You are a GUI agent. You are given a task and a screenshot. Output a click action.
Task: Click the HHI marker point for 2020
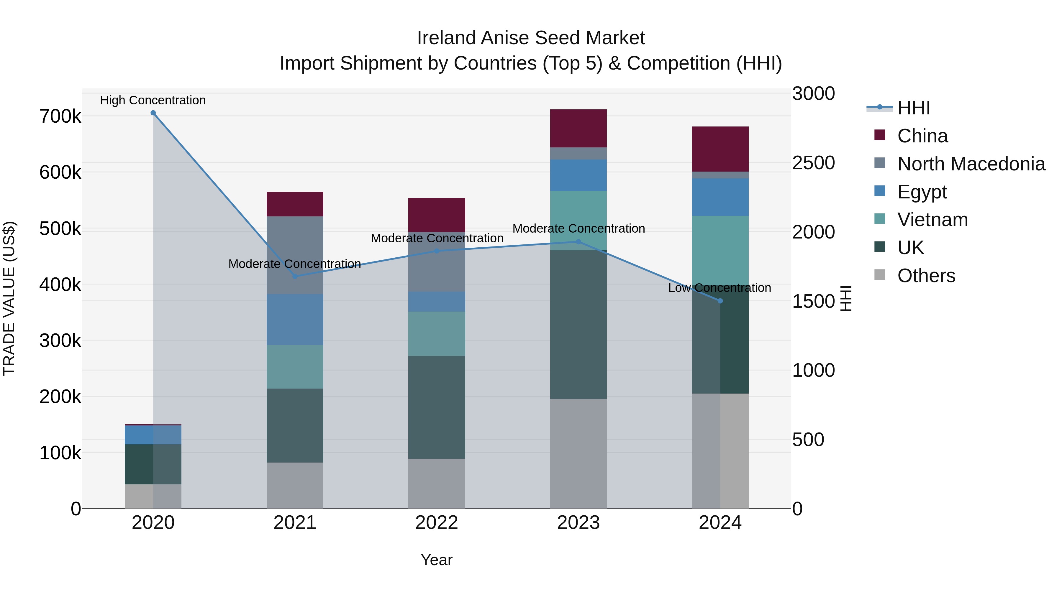tap(153, 113)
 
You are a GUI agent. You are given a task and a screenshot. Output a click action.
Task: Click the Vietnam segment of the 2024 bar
tap(720, 249)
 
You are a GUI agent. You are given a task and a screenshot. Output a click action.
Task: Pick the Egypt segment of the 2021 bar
tap(295, 319)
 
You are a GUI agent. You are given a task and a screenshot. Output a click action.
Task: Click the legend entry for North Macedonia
tap(971, 164)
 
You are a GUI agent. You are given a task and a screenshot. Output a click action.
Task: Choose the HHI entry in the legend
tap(913, 108)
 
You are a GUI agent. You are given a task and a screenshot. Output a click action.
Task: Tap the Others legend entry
tap(926, 276)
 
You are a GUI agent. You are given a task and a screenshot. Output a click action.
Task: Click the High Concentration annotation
tap(153, 100)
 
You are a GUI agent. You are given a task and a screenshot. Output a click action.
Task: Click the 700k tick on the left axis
tap(60, 116)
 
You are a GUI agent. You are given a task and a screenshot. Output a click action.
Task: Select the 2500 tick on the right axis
tap(813, 163)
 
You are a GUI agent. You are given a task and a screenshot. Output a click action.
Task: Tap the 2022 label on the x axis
tap(437, 523)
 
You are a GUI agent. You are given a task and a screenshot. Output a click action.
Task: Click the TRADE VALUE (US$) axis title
tap(9, 298)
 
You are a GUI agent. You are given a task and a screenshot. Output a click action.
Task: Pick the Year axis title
tap(437, 560)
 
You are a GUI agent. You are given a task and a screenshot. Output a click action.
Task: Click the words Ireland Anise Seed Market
tap(531, 38)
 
